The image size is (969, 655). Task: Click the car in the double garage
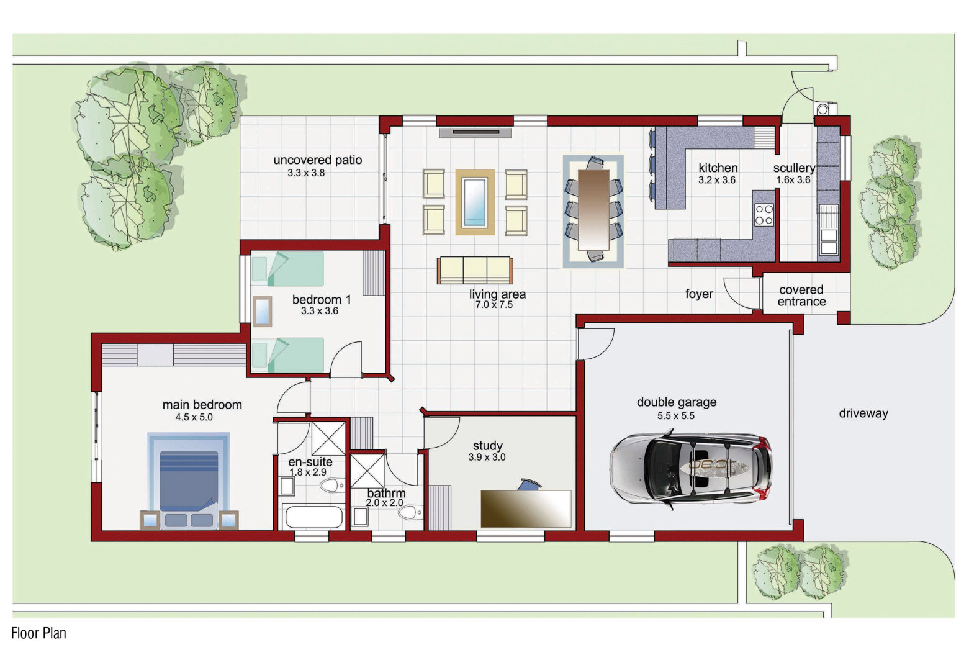tap(690, 469)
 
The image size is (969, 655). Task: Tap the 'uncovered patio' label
tap(318, 160)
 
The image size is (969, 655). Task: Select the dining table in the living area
tap(593, 209)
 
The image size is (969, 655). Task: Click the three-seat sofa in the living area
tap(475, 271)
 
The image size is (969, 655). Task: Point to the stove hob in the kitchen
tap(764, 215)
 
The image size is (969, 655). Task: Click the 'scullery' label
tap(794, 168)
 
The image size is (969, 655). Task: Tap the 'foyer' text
tap(699, 294)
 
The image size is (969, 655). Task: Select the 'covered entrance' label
tap(801, 296)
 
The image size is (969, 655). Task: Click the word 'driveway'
tap(863, 413)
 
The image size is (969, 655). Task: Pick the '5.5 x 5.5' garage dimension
tap(676, 416)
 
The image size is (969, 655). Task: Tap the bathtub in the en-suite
tap(314, 517)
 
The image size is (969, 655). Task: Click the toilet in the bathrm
tap(409, 513)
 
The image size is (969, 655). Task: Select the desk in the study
tap(526, 508)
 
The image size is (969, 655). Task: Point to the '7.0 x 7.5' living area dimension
tap(494, 305)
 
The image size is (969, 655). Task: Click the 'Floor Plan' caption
tap(39, 633)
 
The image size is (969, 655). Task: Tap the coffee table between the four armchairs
tap(475, 202)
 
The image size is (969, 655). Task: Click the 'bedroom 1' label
tap(322, 299)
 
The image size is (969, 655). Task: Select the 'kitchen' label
tap(718, 168)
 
